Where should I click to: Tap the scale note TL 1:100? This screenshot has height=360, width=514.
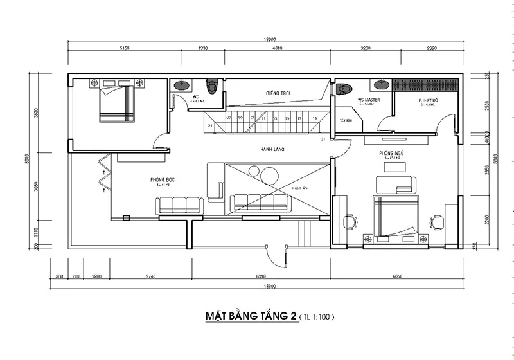point(314,317)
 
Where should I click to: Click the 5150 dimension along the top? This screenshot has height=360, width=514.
point(125,48)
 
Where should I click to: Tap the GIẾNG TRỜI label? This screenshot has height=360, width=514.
point(278,93)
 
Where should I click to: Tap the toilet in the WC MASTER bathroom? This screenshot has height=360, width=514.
point(346,89)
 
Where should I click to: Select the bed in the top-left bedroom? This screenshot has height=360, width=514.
point(118,104)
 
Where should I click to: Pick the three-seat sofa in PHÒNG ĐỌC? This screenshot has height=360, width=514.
point(180,205)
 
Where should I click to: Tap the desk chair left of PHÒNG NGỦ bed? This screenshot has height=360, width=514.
point(350,221)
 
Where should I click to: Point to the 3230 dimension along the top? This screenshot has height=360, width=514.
point(366,48)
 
